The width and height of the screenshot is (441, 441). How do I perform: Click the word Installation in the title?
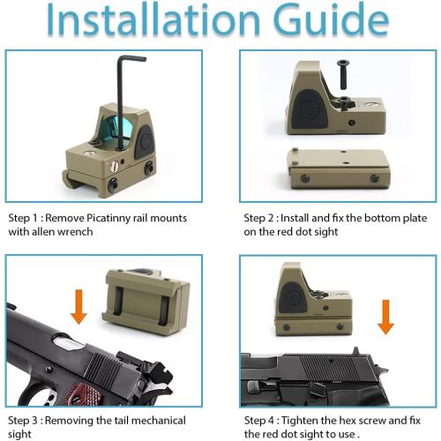153,19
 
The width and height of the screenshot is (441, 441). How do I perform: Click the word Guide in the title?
331,19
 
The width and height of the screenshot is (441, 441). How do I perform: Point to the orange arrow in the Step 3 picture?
78,307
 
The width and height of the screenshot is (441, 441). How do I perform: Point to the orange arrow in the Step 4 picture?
385,317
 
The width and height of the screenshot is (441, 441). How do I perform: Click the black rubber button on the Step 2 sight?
310,109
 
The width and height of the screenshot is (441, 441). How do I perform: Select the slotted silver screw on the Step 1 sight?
114,167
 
